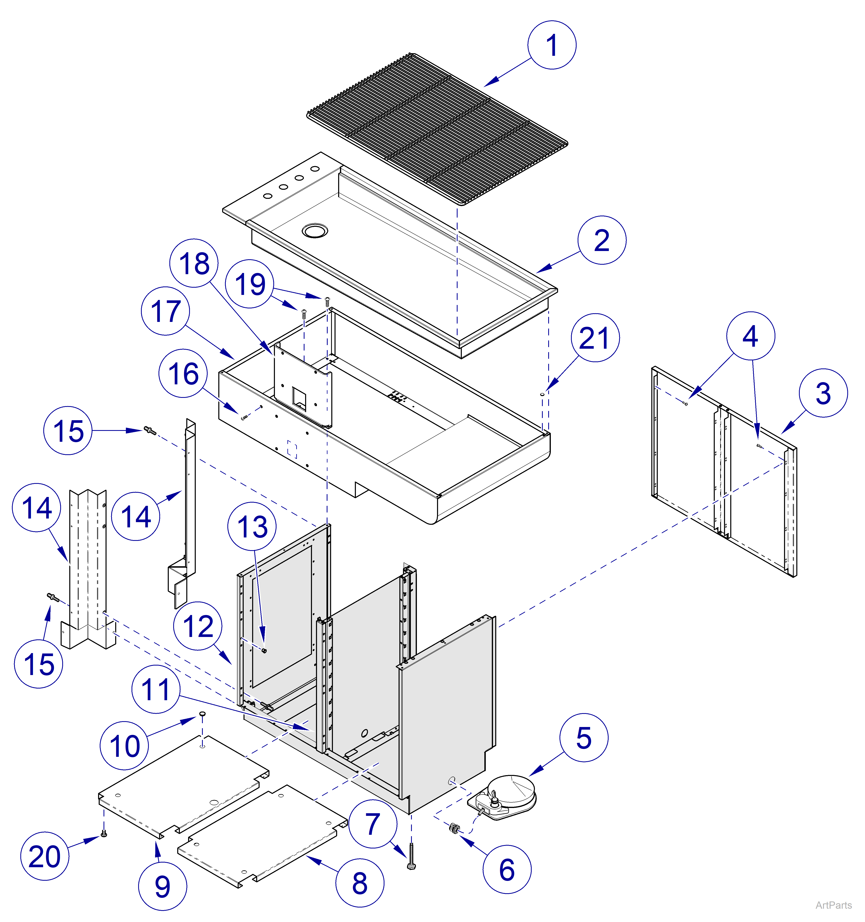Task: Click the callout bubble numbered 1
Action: pos(552,45)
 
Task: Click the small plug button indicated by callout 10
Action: pos(202,713)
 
